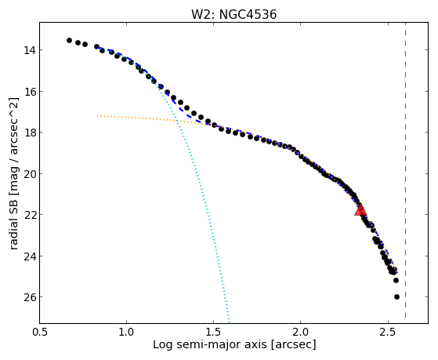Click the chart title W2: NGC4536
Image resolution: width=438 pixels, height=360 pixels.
[x=233, y=14]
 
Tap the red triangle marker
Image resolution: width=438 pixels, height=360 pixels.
[x=360, y=209]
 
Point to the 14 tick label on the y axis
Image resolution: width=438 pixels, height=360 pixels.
[x=29, y=50]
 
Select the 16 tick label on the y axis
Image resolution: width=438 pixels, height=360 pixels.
[x=29, y=92]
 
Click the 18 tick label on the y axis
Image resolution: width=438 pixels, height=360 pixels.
[x=29, y=133]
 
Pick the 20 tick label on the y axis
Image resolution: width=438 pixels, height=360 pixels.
[x=29, y=173]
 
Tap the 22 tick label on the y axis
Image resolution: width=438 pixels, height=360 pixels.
[x=29, y=215]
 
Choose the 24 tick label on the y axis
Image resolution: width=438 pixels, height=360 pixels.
[x=29, y=256]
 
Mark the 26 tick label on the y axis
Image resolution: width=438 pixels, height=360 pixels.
[x=29, y=297]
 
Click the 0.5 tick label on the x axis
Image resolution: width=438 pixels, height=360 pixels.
[x=40, y=332]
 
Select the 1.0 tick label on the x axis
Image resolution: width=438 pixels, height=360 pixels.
[x=126, y=332]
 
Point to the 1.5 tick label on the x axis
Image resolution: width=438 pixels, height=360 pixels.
[x=213, y=332]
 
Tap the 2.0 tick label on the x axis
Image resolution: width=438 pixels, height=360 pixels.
[x=301, y=332]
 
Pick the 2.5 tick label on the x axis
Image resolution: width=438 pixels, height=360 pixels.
[x=388, y=332]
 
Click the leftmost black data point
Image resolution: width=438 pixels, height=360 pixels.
[x=69, y=40]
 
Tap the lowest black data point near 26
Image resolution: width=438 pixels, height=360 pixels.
[x=396, y=296]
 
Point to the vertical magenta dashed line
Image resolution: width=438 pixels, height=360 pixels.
[x=405, y=170]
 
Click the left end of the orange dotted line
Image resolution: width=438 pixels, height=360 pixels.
[x=97, y=116]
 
